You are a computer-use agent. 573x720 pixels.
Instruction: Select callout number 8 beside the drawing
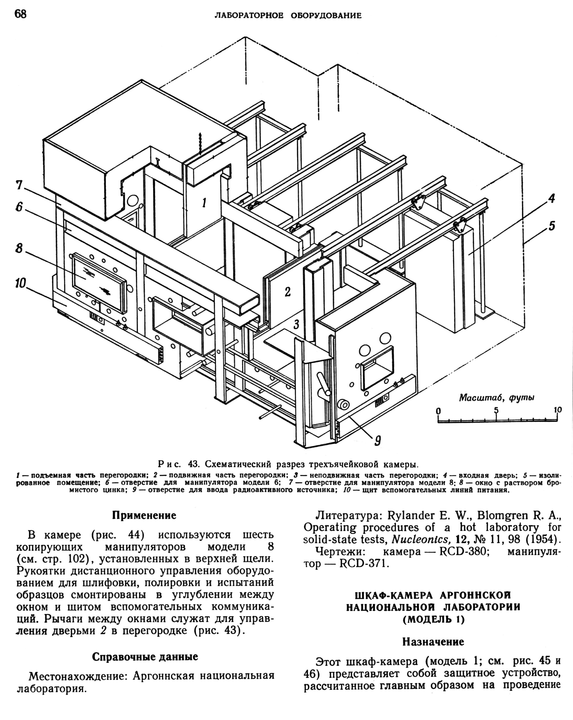(19, 248)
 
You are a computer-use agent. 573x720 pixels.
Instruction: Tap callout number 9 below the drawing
(377, 442)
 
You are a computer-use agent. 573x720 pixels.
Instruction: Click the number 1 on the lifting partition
(204, 202)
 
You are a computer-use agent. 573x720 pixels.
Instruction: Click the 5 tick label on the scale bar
(496, 410)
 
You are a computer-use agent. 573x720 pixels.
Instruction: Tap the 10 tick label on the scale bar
(558, 410)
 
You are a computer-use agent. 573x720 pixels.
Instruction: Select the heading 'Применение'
(144, 515)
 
